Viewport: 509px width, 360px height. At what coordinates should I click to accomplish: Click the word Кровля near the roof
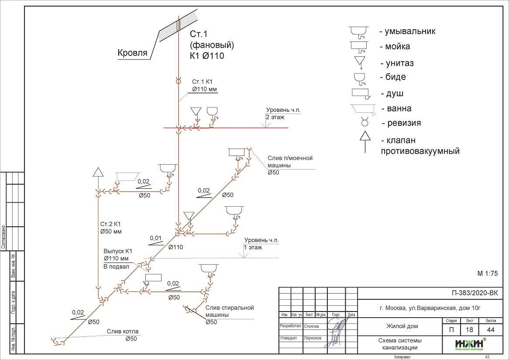coord(132,53)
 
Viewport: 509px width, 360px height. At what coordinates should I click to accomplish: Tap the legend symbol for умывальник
coord(360,31)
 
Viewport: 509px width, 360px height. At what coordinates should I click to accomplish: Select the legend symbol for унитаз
coord(361,62)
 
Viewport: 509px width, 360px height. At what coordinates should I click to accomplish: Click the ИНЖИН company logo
coord(470,345)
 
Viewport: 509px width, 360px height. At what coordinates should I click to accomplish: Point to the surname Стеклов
coord(313,326)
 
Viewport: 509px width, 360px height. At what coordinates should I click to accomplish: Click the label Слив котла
coord(121,332)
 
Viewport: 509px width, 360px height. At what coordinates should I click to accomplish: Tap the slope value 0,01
coord(156,239)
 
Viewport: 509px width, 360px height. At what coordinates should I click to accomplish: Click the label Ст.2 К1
coord(109,224)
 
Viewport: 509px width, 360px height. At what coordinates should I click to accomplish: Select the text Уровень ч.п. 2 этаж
coord(278,114)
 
